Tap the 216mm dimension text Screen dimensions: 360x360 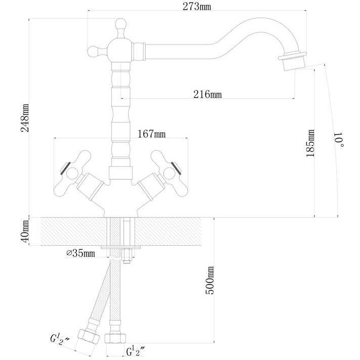[x=208, y=95]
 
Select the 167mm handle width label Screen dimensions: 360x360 [x=152, y=134]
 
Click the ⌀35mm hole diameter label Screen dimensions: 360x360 [x=80, y=253]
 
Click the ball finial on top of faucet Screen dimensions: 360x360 [x=120, y=25]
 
